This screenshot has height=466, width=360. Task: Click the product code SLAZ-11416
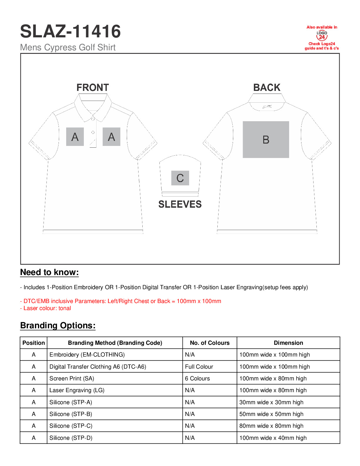click(70, 31)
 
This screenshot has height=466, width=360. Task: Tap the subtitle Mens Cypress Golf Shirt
click(68, 47)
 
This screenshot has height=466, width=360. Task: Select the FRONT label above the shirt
click(93, 88)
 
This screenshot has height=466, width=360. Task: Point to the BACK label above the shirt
click(267, 88)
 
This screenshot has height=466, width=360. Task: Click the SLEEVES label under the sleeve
click(180, 204)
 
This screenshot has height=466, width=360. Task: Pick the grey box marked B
click(266, 139)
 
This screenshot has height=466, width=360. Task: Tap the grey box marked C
click(180, 178)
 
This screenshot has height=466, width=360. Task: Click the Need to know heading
click(49, 272)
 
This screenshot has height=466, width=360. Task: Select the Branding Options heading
click(58, 325)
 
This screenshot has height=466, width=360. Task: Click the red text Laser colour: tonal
click(47, 308)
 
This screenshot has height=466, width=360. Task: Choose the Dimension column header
click(288, 343)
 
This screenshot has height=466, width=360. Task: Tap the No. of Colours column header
click(210, 343)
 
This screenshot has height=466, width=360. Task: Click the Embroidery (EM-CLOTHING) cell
click(87, 355)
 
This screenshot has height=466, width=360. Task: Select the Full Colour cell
click(199, 367)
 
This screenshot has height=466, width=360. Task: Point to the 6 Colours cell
click(197, 379)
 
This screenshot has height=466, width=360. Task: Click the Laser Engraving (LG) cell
click(77, 390)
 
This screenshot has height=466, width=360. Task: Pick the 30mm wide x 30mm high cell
click(271, 402)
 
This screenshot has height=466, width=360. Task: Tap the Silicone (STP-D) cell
click(71, 438)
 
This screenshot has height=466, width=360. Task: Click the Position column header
click(34, 343)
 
